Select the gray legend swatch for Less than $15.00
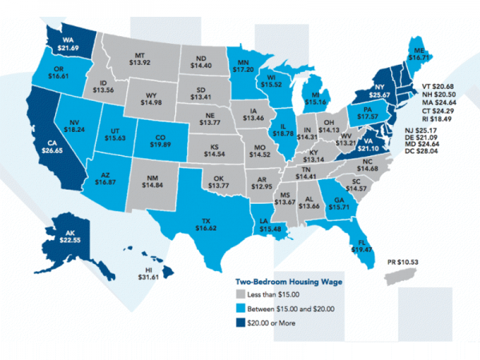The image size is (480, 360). point(240,296)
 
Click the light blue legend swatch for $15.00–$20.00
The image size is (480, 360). point(240,310)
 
